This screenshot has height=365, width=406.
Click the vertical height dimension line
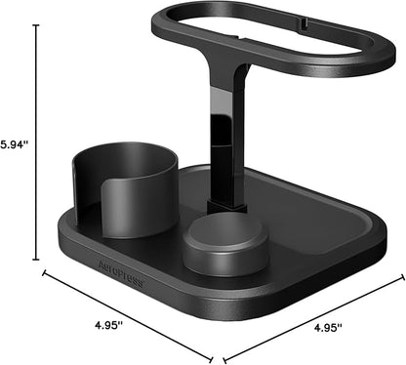(x=38, y=142)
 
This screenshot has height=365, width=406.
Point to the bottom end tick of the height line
(x=38, y=261)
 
